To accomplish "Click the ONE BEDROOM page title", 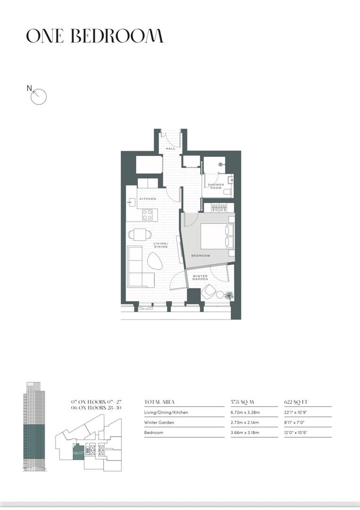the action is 94,36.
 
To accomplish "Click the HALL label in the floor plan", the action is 171,149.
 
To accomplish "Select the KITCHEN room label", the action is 148,199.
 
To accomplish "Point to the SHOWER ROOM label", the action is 216,186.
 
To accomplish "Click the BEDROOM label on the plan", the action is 201,255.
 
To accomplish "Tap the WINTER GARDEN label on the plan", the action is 200,278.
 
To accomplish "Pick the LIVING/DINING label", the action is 161,245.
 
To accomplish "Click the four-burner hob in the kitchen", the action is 147,215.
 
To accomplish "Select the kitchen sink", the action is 131,202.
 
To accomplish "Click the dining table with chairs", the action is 140,234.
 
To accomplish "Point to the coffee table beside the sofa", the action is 155,261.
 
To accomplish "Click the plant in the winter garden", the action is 229,295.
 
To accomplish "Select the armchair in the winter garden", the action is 208,291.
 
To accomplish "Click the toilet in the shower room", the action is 227,192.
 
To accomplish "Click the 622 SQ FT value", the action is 296,402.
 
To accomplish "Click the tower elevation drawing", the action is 34,426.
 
